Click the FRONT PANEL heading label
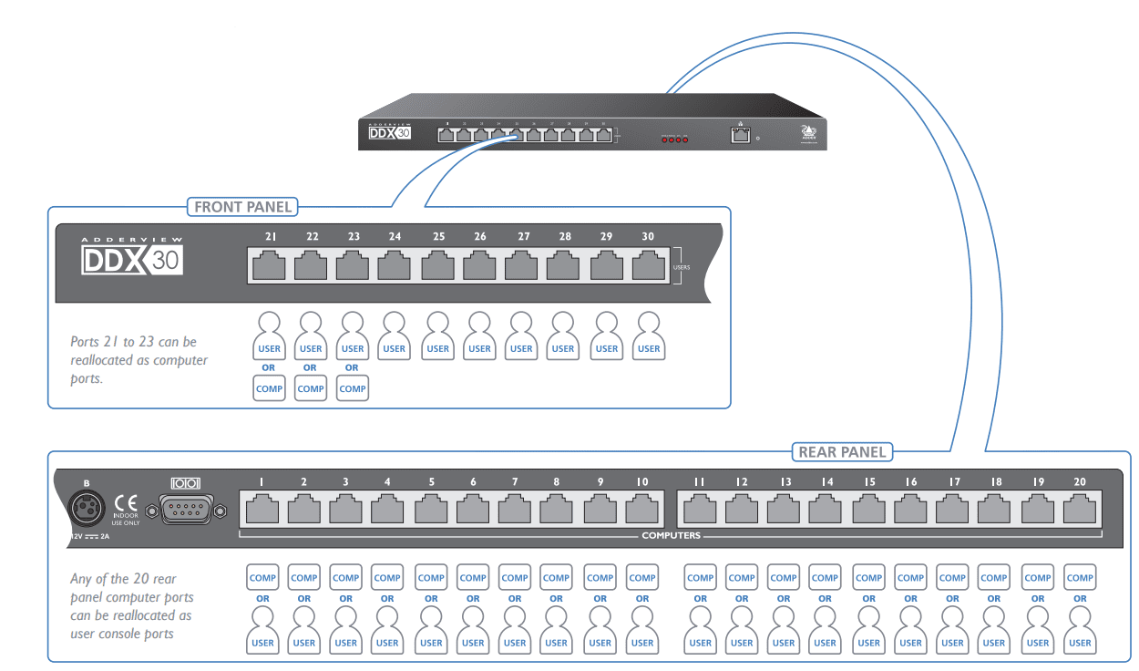tap(243, 207)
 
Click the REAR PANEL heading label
tap(842, 451)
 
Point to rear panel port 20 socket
tap(1080, 508)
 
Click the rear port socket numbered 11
tap(700, 508)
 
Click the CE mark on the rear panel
tap(126, 503)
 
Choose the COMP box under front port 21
tap(270, 388)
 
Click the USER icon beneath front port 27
tap(521, 335)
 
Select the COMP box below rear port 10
tap(642, 577)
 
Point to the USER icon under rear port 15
tap(868, 630)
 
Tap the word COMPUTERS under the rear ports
tap(671, 535)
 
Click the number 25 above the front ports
tap(438, 237)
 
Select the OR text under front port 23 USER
tap(352, 368)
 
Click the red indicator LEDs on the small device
tap(675, 139)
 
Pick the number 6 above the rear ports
tap(473, 481)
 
